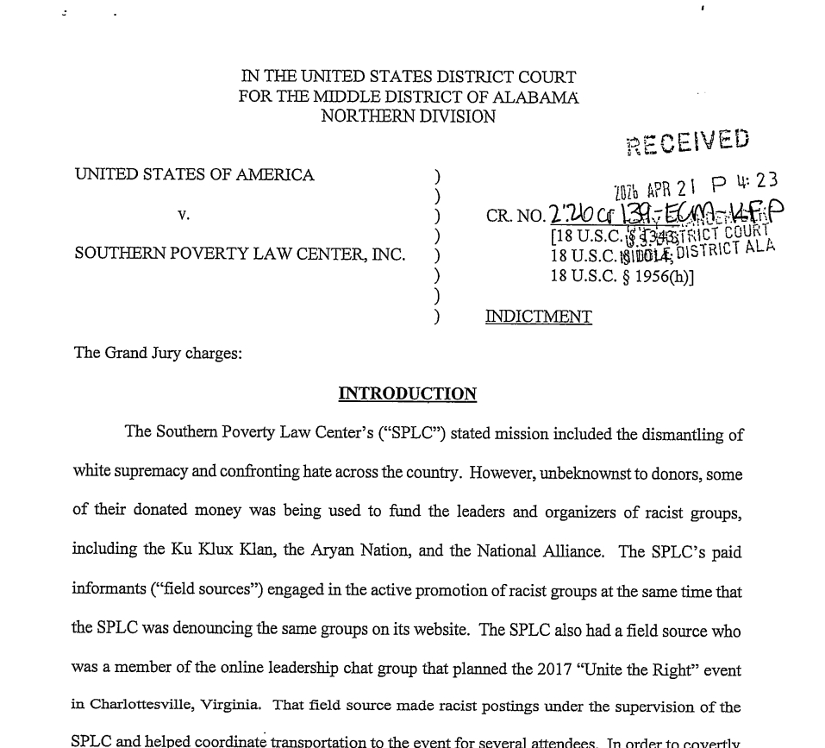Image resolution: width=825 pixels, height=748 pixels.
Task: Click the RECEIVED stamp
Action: pyautogui.click(x=688, y=142)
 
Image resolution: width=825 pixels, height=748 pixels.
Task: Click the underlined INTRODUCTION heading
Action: pyautogui.click(x=407, y=394)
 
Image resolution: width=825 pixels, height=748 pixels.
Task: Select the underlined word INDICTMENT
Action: pyautogui.click(x=539, y=317)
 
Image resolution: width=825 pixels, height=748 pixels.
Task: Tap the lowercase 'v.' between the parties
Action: pyautogui.click(x=183, y=214)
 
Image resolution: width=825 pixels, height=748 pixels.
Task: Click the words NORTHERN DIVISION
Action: pyautogui.click(x=408, y=116)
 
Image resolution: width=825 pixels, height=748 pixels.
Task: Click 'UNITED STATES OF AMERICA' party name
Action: pyautogui.click(x=194, y=175)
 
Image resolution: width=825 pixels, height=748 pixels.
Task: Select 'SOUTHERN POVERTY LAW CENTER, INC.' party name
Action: pyautogui.click(x=239, y=255)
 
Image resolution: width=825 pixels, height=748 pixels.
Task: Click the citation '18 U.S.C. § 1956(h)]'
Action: pyautogui.click(x=622, y=276)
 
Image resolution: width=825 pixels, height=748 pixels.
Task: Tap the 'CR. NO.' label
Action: pyautogui.click(x=515, y=215)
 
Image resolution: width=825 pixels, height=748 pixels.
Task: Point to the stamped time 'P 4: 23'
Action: pyautogui.click(x=749, y=182)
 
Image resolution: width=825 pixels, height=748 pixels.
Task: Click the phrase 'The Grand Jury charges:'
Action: pyautogui.click(x=158, y=353)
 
